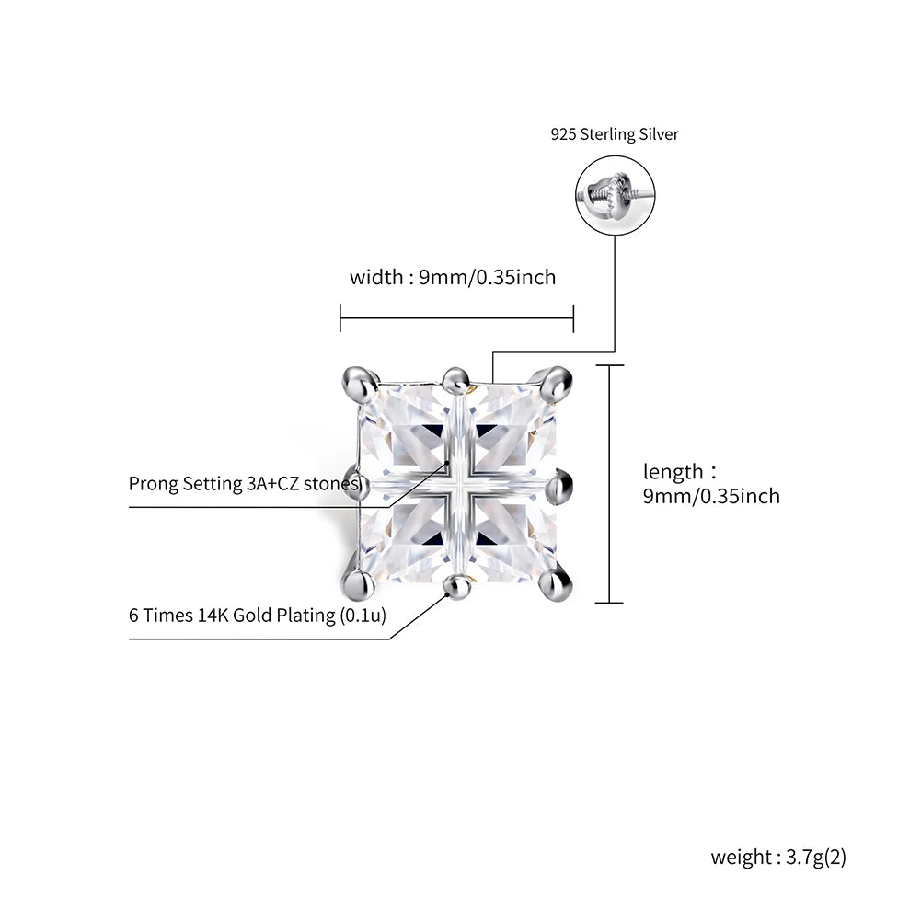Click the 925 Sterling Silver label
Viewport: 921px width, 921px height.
click(x=615, y=134)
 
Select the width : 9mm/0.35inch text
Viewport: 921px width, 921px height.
click(x=453, y=277)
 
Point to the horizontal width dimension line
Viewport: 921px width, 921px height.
click(x=456, y=318)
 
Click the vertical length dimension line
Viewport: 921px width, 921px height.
click(x=609, y=484)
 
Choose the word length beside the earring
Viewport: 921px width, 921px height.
click(x=673, y=472)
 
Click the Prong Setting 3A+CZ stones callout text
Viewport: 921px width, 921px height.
click(x=243, y=484)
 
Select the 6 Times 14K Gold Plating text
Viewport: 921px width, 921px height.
click(x=257, y=616)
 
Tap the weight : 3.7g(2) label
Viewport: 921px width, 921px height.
click(x=778, y=858)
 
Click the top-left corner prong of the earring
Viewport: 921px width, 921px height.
click(x=360, y=377)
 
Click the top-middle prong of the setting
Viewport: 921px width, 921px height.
click(x=454, y=378)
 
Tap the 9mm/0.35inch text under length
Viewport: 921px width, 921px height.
click(x=711, y=497)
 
